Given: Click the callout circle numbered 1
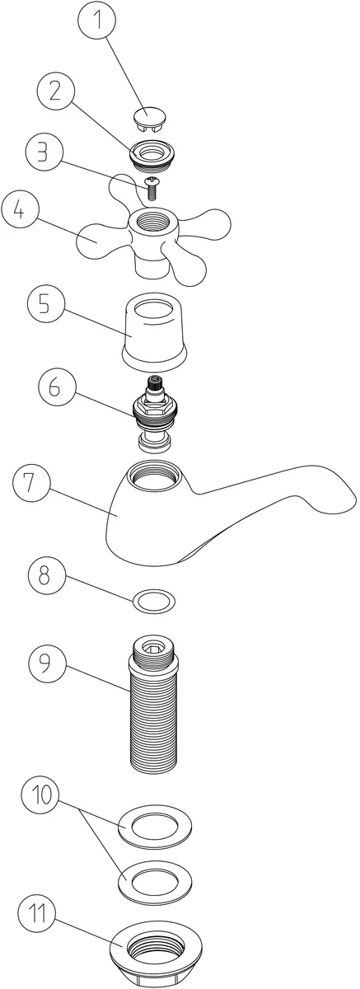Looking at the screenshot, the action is point(97,20).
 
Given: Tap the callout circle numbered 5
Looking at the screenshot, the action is point(45,305).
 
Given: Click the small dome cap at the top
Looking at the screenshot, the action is point(148,119).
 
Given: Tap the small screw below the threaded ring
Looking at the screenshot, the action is point(152,188).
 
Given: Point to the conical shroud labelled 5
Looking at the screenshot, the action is point(154,332).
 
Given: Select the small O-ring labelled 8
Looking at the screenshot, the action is point(153,601).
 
